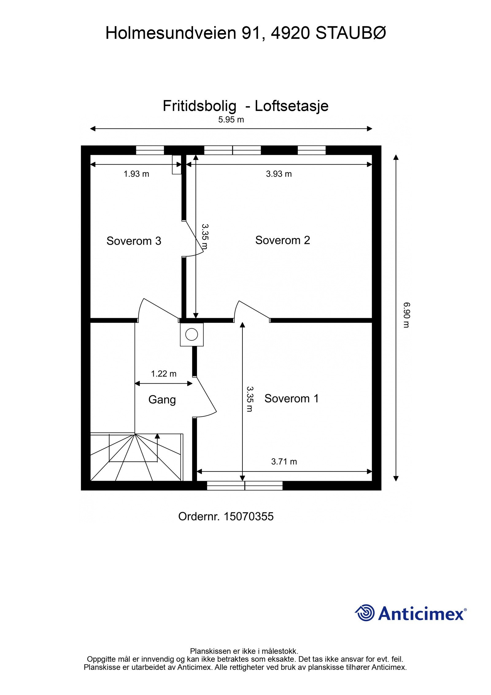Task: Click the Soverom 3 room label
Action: (x=133, y=241)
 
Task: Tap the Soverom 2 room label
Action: (x=282, y=240)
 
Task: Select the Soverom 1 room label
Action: (x=291, y=399)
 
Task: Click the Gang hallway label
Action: (x=162, y=400)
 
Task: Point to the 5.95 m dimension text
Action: (x=231, y=120)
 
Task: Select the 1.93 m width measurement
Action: (x=136, y=174)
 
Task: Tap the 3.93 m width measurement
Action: (x=279, y=174)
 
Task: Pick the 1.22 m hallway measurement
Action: (x=164, y=374)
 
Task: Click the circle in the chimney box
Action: (x=192, y=334)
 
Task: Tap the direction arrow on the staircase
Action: (x=157, y=436)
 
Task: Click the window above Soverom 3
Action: (x=150, y=150)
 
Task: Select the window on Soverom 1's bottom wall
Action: (x=245, y=486)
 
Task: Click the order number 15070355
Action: (x=249, y=517)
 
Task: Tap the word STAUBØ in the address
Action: (x=350, y=33)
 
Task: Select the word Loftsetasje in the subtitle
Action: (x=291, y=106)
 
